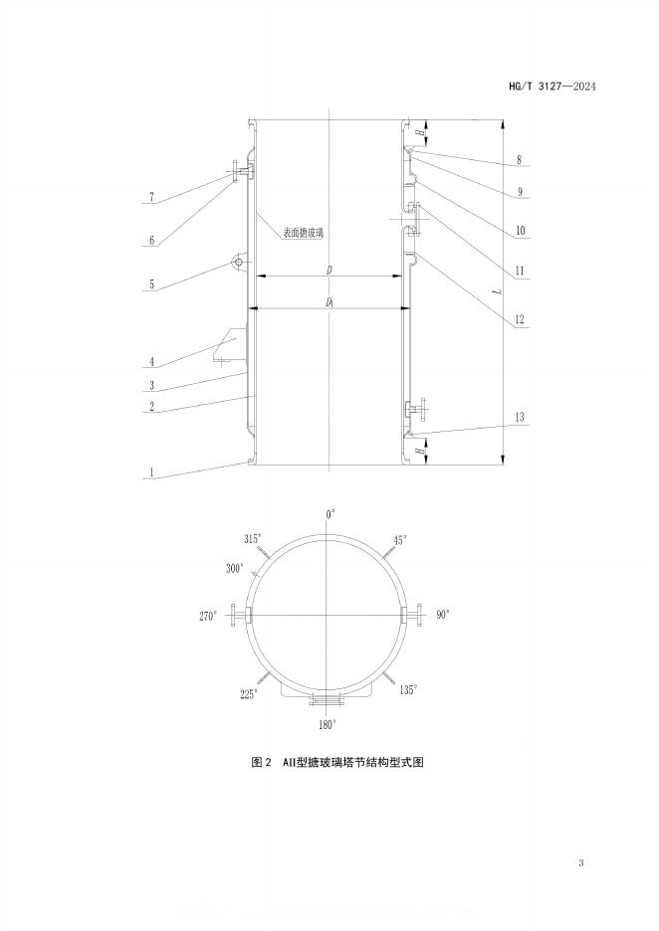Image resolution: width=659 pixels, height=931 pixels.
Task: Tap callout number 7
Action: click(x=151, y=198)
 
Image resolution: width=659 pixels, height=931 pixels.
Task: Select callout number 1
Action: click(x=151, y=474)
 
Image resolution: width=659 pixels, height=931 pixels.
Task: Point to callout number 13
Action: click(x=521, y=417)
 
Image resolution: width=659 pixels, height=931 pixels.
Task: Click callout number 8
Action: click(x=520, y=159)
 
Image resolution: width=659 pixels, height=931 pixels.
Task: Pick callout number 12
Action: click(x=520, y=320)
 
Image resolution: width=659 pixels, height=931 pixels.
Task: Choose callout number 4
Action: click(x=151, y=362)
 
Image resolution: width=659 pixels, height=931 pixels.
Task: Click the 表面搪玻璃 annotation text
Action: click(x=302, y=233)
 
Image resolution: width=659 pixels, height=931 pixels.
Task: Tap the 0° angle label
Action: click(x=330, y=513)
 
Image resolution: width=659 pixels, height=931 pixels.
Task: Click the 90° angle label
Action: click(x=442, y=615)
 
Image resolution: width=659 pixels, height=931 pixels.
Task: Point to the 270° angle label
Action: click(x=208, y=617)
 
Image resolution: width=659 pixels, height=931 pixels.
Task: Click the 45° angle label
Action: click(x=400, y=539)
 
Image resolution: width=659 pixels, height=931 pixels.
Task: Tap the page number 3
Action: click(x=580, y=862)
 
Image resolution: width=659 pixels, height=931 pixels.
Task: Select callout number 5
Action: click(x=151, y=284)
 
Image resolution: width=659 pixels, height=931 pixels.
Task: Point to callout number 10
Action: click(x=520, y=232)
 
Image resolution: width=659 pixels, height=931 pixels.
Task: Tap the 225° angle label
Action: click(x=249, y=693)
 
